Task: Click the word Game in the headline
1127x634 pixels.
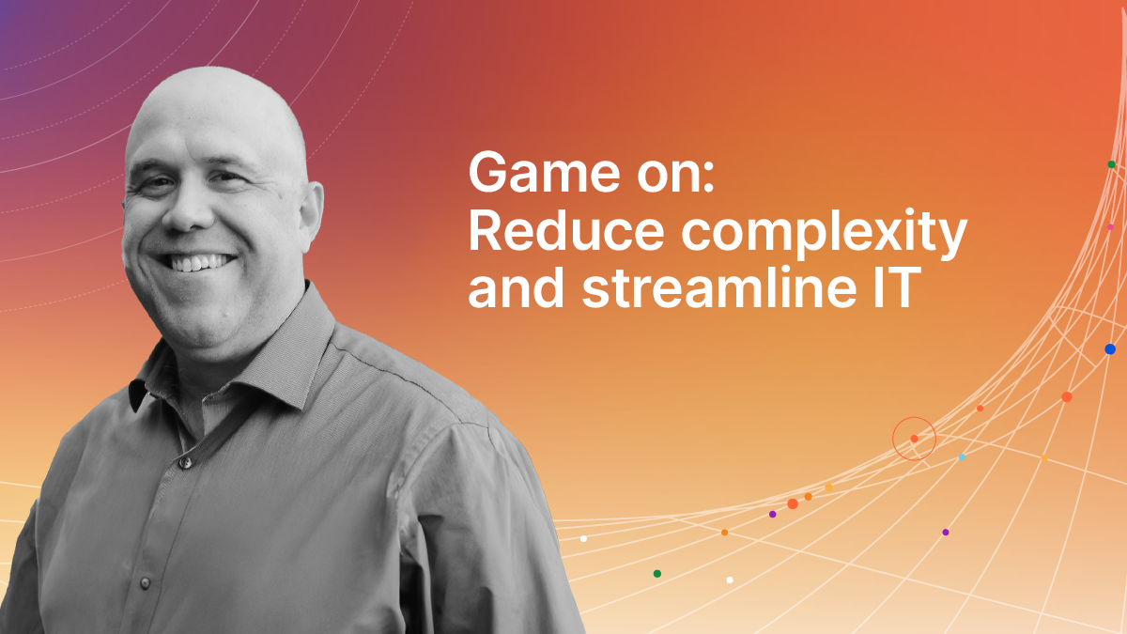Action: pyautogui.click(x=545, y=173)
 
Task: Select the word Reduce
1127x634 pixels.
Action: pyautogui.click(x=566, y=230)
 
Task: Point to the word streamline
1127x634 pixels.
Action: pyautogui.click(x=719, y=288)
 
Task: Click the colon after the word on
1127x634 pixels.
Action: pyautogui.click(x=709, y=178)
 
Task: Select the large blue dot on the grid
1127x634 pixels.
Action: pyautogui.click(x=1110, y=349)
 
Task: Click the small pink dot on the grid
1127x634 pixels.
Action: pyautogui.click(x=1110, y=227)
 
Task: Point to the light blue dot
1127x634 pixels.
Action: pyautogui.click(x=962, y=456)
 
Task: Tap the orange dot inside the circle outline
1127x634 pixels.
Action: pyautogui.click(x=914, y=439)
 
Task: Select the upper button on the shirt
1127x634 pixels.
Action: pyautogui.click(x=186, y=462)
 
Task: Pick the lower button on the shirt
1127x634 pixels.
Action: pyautogui.click(x=146, y=582)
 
